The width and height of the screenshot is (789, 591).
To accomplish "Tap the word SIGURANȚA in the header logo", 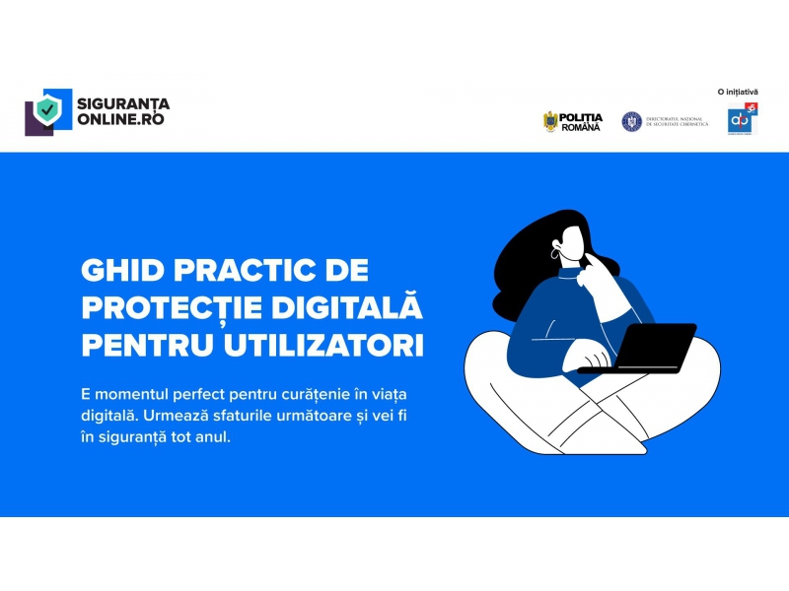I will point(124,103).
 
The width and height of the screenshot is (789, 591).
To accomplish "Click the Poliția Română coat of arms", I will point(550,121).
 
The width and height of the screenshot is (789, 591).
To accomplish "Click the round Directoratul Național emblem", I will point(631,121).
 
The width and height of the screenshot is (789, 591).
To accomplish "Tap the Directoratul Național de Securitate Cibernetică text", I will point(677,122).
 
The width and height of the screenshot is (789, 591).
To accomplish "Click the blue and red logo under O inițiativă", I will point(740,119).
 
